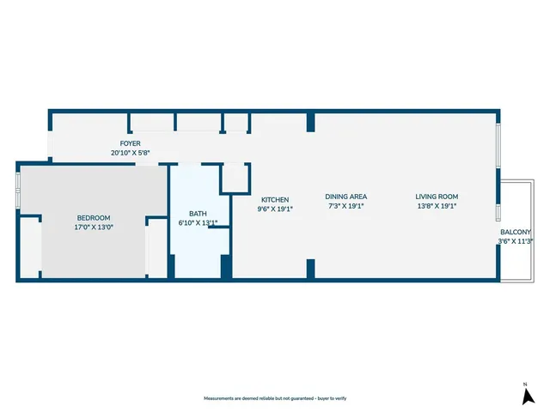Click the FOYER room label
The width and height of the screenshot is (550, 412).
[131, 143]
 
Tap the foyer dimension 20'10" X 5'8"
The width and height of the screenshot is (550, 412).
[131, 153]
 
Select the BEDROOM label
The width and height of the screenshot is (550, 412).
[94, 218]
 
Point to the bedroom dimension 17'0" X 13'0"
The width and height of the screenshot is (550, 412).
[94, 227]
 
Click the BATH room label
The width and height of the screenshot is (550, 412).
[198, 214]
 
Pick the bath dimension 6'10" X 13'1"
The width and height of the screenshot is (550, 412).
[198, 223]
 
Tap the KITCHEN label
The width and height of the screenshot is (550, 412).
[275, 199]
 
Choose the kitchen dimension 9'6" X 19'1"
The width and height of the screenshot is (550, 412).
[275, 208]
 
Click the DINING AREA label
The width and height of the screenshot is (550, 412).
[347, 196]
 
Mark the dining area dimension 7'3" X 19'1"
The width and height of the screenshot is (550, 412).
[347, 205]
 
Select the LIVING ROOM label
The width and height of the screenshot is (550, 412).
[437, 196]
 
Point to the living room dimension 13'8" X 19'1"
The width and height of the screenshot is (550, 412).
[437, 205]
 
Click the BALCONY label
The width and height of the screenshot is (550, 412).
[516, 232]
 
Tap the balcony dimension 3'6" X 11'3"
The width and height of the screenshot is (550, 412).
[516, 241]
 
